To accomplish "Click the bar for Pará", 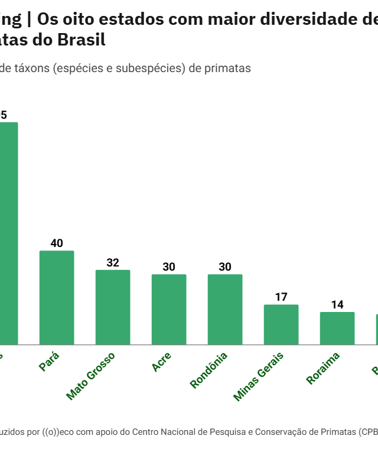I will pyautogui.click(x=57, y=298).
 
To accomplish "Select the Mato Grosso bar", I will pyautogui.click(x=113, y=307).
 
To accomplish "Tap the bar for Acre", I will pyautogui.click(x=169, y=310).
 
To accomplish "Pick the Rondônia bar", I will pyautogui.click(x=225, y=310).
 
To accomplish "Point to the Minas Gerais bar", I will pyautogui.click(x=281, y=324).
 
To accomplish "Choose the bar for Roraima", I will pyautogui.click(x=337, y=329).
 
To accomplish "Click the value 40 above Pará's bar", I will pyautogui.click(x=57, y=243).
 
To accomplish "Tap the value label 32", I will pyautogui.click(x=113, y=263).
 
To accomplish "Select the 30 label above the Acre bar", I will pyautogui.click(x=169, y=267).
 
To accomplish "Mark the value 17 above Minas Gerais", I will pyautogui.click(x=281, y=297).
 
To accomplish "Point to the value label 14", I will pyautogui.click(x=337, y=305).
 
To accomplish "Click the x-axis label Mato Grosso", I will pyautogui.click(x=90, y=376).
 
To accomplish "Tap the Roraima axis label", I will pyautogui.click(x=323, y=368).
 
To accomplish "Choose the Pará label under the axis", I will pyautogui.click(x=49, y=361).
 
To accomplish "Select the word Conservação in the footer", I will pyautogui.click(x=268, y=432).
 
